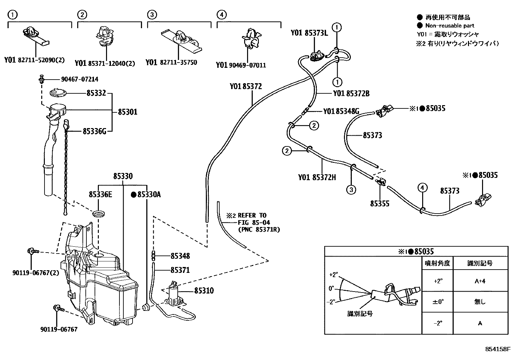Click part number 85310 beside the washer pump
click(x=204, y=291)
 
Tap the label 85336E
click(x=100, y=195)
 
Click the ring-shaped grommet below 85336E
click(x=99, y=215)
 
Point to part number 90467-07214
click(x=80, y=79)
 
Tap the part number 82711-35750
click(x=178, y=62)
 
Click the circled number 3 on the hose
click(x=351, y=190)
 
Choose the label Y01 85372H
click(x=317, y=178)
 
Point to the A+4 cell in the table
click(x=480, y=281)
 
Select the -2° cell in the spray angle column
click(x=438, y=323)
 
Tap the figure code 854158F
click(x=497, y=349)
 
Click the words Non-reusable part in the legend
click(x=449, y=26)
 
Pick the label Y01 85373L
click(x=309, y=33)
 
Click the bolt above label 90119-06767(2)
click(x=33, y=252)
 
